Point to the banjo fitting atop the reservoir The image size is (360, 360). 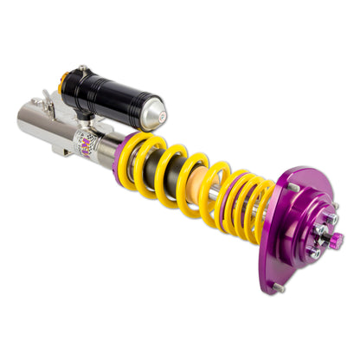82,69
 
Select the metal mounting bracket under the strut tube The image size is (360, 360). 61,152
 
